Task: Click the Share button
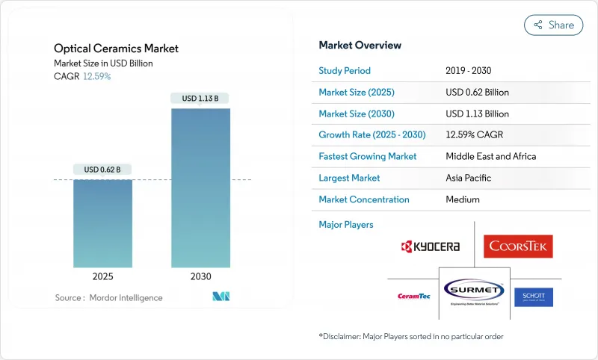point(553,25)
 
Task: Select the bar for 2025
point(103,223)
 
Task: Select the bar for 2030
point(200,187)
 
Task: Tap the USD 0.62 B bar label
point(103,170)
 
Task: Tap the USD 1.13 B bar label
point(200,99)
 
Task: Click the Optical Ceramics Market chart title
point(117,49)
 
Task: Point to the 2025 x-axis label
point(103,276)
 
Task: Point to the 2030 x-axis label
point(200,276)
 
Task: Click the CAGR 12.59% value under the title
point(97,76)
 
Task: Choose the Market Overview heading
point(360,46)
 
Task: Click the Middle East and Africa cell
point(490,157)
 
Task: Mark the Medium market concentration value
point(463,199)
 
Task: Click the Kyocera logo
point(430,246)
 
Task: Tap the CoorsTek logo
point(517,246)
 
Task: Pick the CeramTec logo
point(412,297)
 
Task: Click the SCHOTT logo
point(534,296)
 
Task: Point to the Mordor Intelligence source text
point(108,298)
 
